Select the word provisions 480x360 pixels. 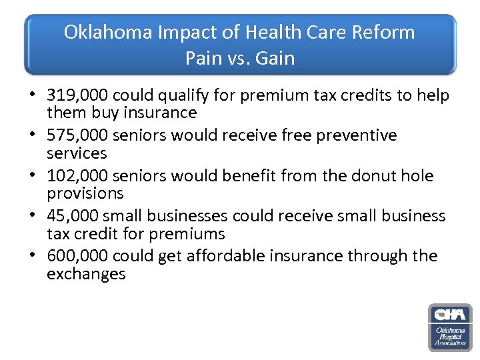pos(85,193)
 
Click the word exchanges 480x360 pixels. pos(86,274)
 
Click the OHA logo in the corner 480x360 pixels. pos(449,327)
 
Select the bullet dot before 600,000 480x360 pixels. pos(33,257)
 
